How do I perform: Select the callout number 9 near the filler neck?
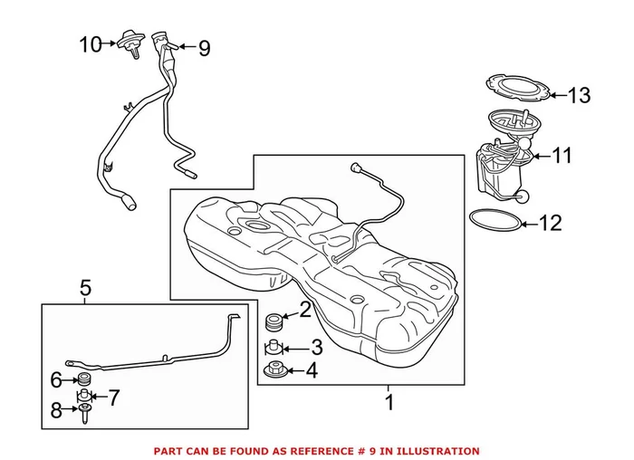pos(204,48)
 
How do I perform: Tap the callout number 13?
pos(579,95)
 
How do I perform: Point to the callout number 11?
pos(562,156)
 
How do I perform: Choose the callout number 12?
pos(551,222)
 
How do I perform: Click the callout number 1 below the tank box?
pos(389,403)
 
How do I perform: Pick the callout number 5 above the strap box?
pos(85,289)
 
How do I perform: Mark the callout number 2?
pos(305,310)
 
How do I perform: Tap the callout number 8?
pos(56,409)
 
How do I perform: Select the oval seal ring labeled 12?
pos(495,220)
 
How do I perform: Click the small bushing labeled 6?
pos(84,379)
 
